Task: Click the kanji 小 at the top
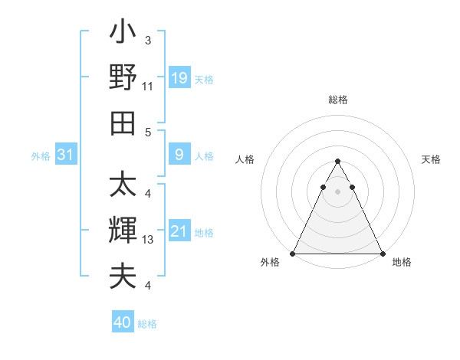[x=123, y=34]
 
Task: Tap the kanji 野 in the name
[x=123, y=77]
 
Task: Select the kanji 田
[x=123, y=123]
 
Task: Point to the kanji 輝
[x=123, y=231]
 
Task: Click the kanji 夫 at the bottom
[x=123, y=276]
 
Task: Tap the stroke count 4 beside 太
[x=147, y=194]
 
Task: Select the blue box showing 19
[x=179, y=78]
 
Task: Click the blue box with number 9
[x=179, y=155]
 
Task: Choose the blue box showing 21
[x=179, y=231]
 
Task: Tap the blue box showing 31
[x=66, y=155]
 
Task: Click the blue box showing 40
[x=123, y=322]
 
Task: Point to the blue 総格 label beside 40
[x=147, y=324]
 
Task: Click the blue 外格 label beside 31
[x=41, y=156]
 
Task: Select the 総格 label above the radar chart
[x=337, y=100]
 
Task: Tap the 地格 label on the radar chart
[x=402, y=262]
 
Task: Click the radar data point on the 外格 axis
[x=294, y=254]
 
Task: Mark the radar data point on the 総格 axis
[x=337, y=161]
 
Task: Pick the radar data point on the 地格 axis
[x=382, y=254]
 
